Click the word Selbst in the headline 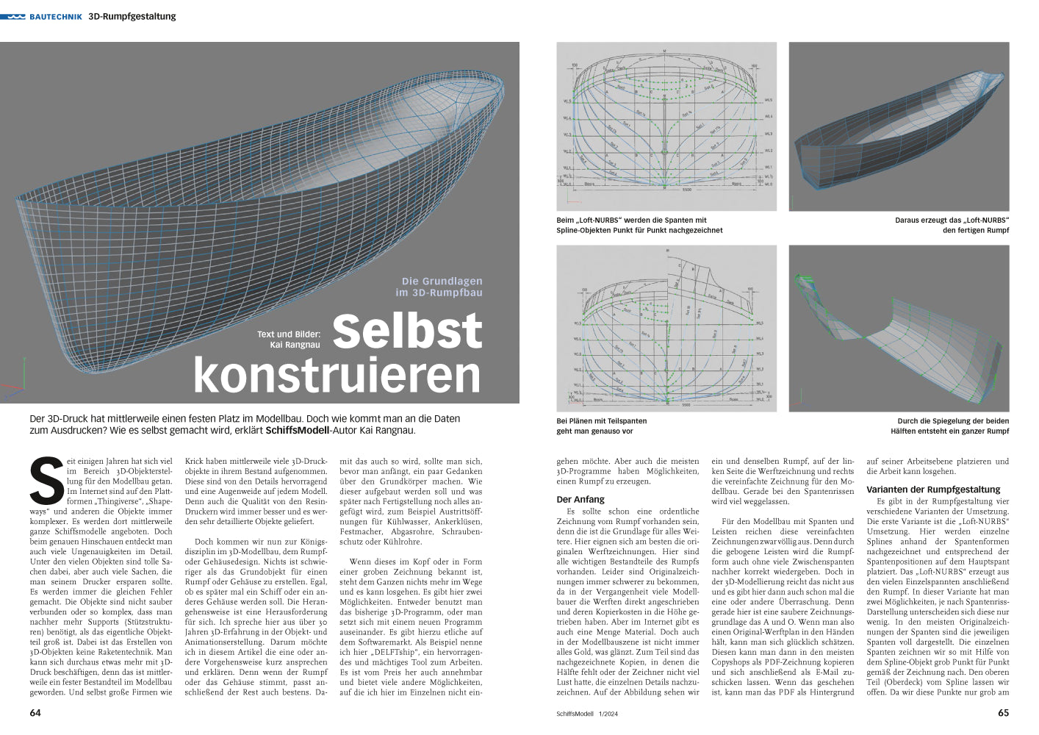click(x=407, y=331)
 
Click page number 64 click(x=35, y=713)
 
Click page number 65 click(x=1003, y=713)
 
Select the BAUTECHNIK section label click(x=56, y=16)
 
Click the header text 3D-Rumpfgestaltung click(x=132, y=16)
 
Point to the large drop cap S click(x=46, y=481)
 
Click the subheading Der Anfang click(x=580, y=499)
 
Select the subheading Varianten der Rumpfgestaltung click(x=933, y=490)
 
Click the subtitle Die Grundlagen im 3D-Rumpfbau click(x=439, y=287)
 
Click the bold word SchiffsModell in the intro click(x=297, y=431)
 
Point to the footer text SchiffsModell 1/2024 click(x=587, y=714)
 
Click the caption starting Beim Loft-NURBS click(x=639, y=225)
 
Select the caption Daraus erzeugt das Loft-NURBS click(x=952, y=225)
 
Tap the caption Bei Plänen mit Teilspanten click(x=601, y=426)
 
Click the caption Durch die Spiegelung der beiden click(x=949, y=426)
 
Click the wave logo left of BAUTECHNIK click(x=13, y=16)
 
